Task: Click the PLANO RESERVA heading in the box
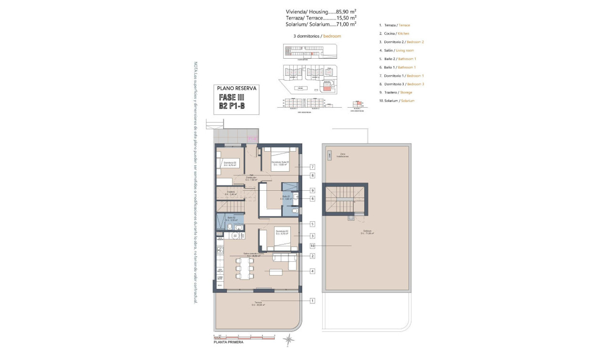(x=237, y=88)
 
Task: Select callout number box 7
(x=312, y=167)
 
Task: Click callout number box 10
(x=312, y=246)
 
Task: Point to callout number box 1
(x=312, y=300)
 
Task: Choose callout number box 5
(x=312, y=224)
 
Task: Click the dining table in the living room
(x=245, y=269)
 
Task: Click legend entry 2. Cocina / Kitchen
(x=394, y=33)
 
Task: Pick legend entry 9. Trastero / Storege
(x=396, y=93)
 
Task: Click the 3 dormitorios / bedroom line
(x=317, y=36)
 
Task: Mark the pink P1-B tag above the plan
(x=252, y=139)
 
